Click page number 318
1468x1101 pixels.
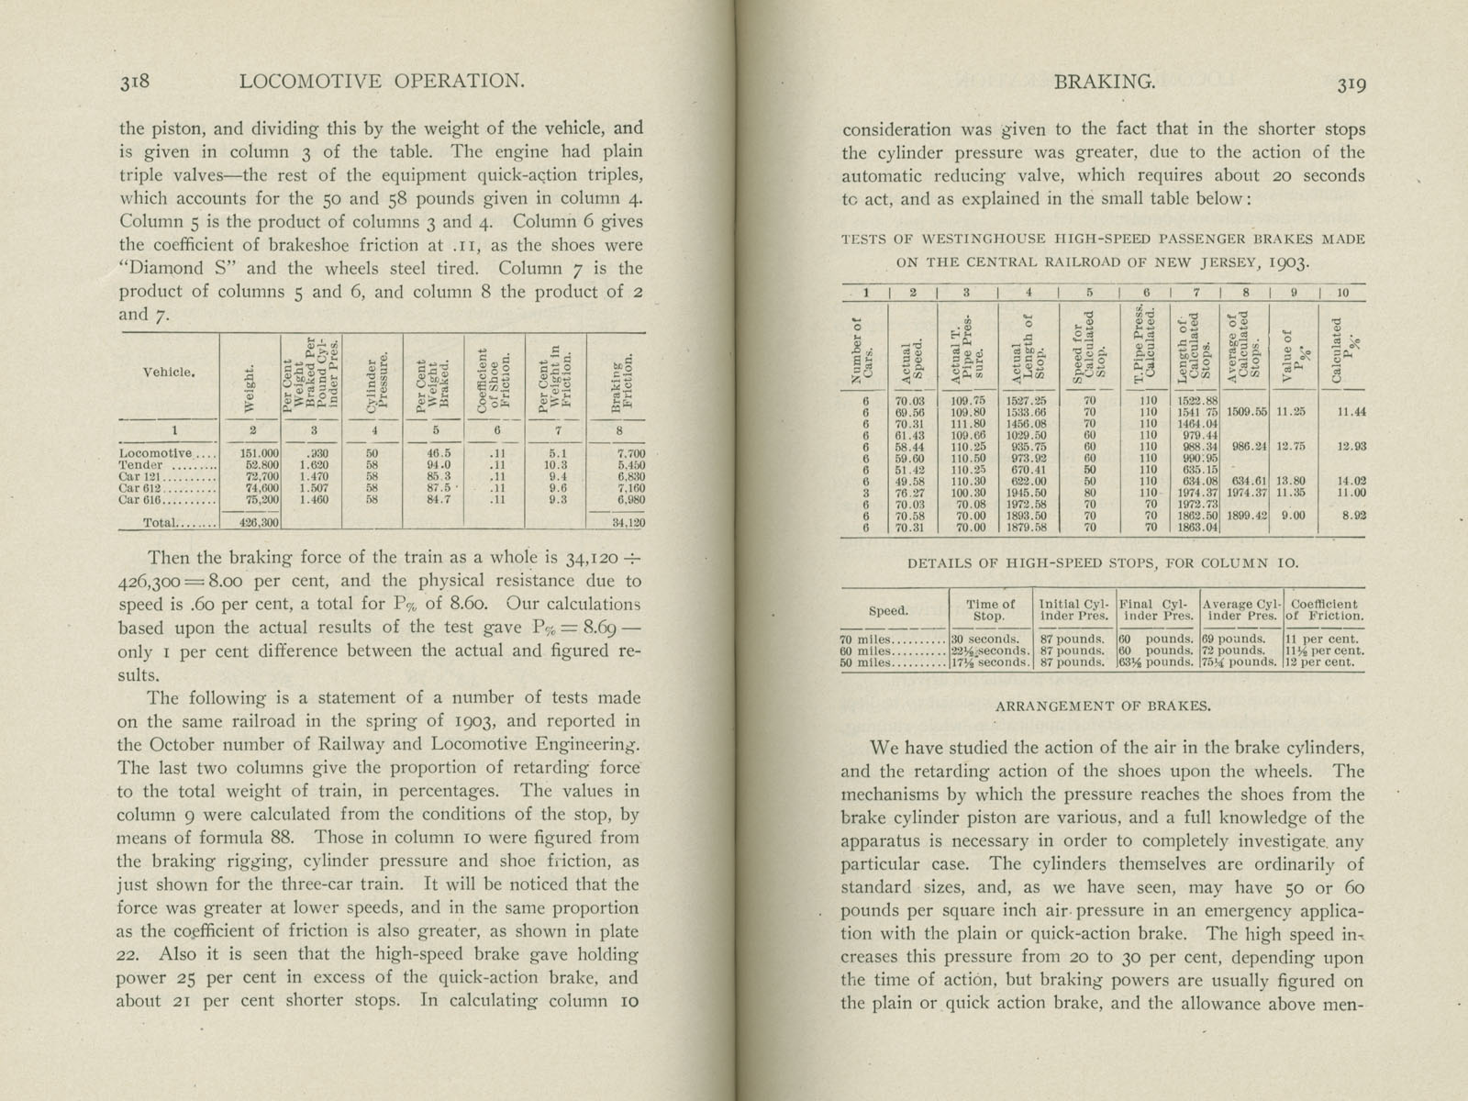(140, 82)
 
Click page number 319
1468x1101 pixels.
(1351, 83)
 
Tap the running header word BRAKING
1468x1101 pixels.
(1104, 82)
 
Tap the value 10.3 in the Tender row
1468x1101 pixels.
(556, 465)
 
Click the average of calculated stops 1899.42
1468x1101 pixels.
(1246, 516)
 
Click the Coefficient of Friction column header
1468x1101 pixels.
(1326, 610)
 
